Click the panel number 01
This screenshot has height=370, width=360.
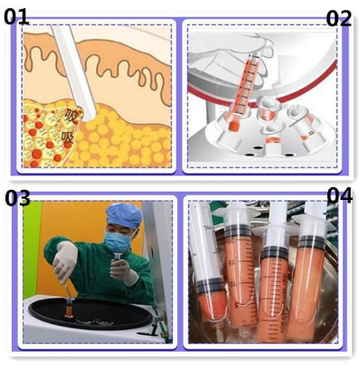click(16, 16)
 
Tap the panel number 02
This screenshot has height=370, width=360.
click(339, 19)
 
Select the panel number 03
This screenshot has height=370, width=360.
click(17, 198)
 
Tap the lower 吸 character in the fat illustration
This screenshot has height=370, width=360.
click(68, 138)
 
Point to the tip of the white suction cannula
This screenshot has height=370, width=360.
click(90, 116)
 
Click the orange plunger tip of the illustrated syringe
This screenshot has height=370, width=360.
click(233, 126)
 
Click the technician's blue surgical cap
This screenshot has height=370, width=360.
click(124, 214)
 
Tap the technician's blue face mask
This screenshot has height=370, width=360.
click(118, 242)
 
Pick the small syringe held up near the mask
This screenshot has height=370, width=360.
click(117, 260)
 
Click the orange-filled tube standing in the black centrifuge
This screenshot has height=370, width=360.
click(70, 308)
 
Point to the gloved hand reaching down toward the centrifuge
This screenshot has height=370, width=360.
click(65, 261)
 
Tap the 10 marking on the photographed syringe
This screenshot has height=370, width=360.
click(232, 284)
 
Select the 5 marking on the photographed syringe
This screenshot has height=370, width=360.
click(237, 305)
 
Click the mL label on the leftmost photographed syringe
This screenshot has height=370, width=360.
click(207, 227)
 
